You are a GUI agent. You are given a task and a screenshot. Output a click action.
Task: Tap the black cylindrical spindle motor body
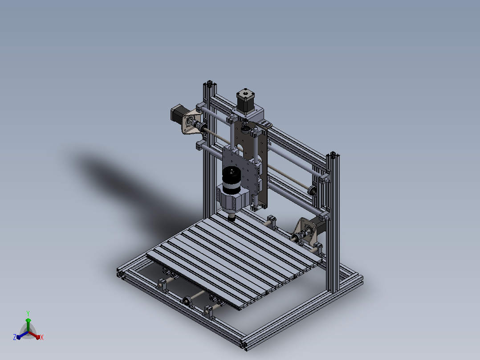[232, 180]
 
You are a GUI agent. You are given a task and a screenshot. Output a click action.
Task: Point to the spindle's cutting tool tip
[232, 218]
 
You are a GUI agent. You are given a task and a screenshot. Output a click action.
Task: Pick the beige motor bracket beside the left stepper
[191, 122]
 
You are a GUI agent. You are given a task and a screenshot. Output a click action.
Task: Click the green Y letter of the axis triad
[28, 314]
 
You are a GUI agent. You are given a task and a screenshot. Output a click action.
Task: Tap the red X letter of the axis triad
[42, 337]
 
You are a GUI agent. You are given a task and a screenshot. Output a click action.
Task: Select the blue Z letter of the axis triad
[15, 337]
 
